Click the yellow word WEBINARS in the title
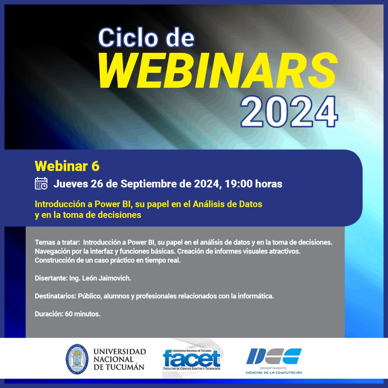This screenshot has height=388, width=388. [217, 70]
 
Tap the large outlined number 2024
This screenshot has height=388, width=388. [289, 111]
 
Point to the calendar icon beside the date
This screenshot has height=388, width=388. [41, 183]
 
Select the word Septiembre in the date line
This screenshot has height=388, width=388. [149, 184]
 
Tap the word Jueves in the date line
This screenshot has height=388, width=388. [71, 184]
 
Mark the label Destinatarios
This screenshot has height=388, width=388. [55, 296]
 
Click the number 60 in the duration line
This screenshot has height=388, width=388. [69, 314]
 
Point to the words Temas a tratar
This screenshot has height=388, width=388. [57, 242]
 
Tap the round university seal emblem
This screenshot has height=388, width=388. [77, 359]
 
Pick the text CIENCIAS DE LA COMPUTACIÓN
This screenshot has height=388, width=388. [274, 373]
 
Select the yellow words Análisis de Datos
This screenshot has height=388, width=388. [228, 204]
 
